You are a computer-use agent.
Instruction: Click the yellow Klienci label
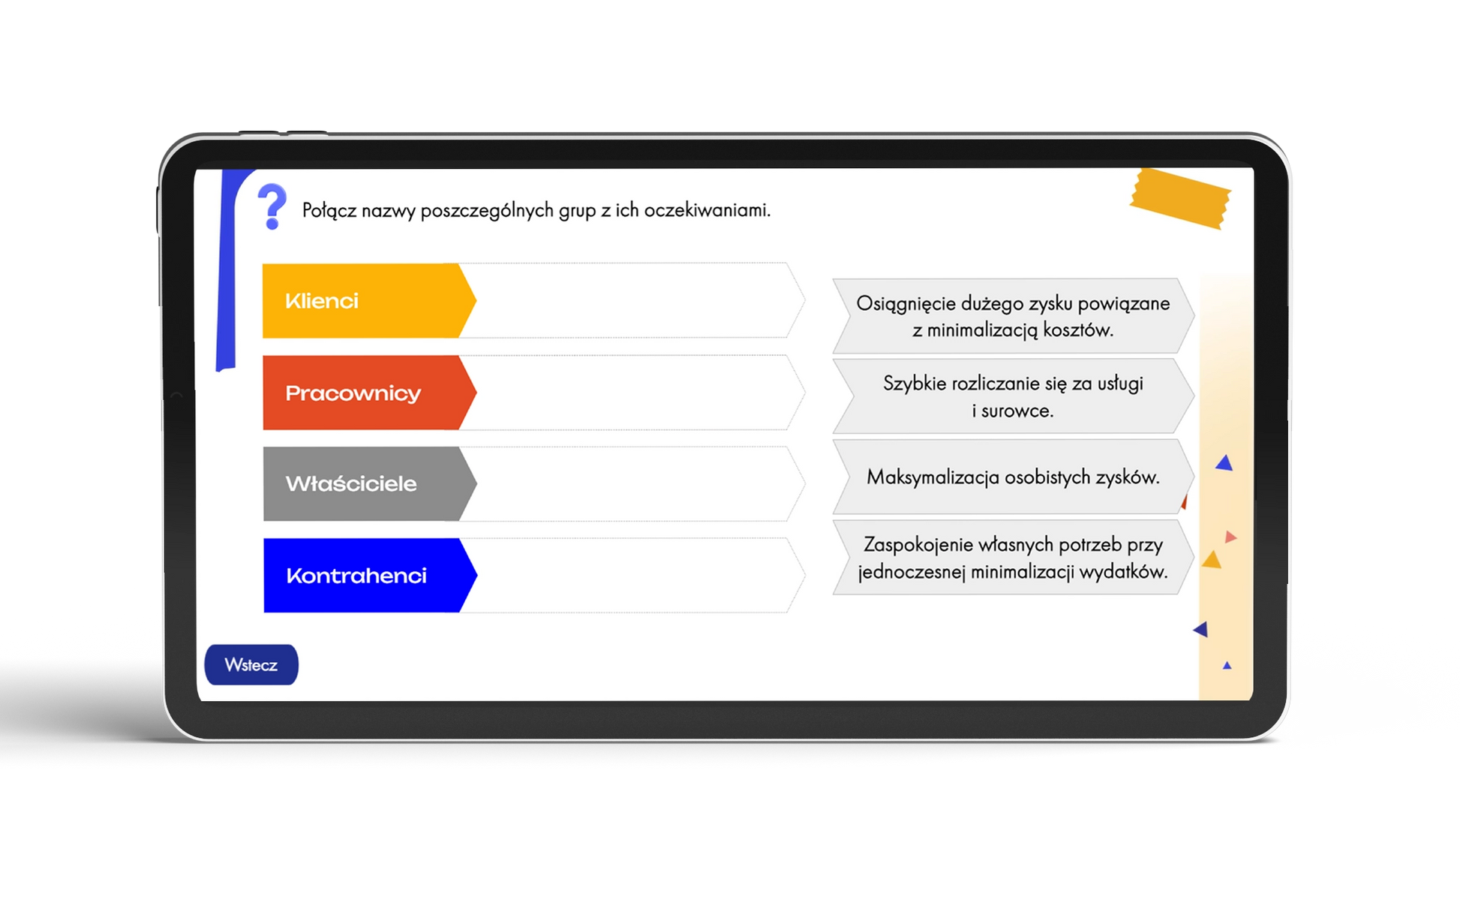(x=368, y=301)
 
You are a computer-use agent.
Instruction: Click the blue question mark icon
(x=272, y=206)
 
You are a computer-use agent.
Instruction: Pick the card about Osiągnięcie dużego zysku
(x=1013, y=316)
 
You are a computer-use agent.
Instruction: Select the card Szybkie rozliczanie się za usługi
(x=1013, y=396)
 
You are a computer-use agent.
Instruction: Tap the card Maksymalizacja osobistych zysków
(x=1013, y=477)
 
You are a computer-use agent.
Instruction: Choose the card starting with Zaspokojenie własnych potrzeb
(x=1013, y=558)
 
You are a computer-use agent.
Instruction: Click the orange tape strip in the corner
(x=1180, y=198)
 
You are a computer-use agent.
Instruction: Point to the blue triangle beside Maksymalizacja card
(x=1224, y=463)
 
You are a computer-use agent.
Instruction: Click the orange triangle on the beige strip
(x=1212, y=560)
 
